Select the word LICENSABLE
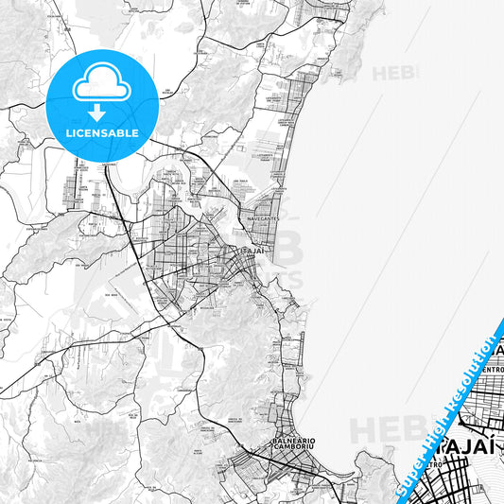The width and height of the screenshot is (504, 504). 102,133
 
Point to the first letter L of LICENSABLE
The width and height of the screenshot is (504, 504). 69,133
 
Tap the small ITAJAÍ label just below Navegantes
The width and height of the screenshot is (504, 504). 252,252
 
